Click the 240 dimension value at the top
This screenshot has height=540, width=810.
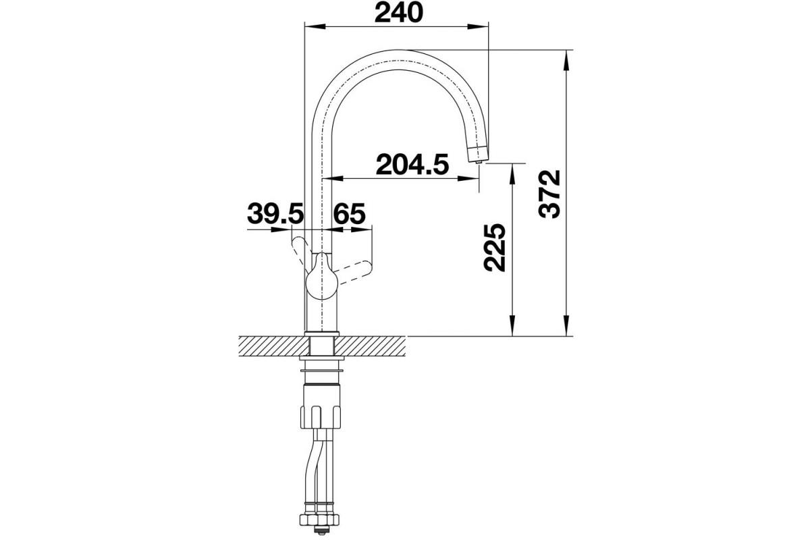(x=398, y=12)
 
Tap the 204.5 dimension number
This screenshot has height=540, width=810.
(x=412, y=164)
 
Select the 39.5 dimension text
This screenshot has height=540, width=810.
(x=275, y=213)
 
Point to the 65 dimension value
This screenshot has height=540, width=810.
(x=350, y=213)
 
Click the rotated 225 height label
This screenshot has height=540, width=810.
(x=494, y=248)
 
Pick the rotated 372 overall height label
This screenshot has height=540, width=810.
(x=549, y=194)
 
